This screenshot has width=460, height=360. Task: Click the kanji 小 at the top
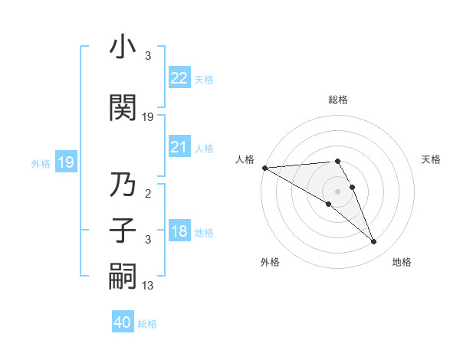point(123,47)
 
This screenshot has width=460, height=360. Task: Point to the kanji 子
point(123,231)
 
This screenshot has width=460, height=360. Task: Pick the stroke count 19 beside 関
point(149,117)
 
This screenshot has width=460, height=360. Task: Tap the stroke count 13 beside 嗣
point(148,286)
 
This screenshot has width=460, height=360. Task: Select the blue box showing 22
point(179,77)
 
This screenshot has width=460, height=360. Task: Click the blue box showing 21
point(179,147)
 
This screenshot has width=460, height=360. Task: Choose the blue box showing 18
point(179,231)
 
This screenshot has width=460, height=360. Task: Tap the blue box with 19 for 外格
point(65,162)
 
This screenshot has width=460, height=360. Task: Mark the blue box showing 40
point(123,322)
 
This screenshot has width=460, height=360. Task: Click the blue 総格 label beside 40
point(147,324)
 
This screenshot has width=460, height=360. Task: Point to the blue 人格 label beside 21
point(204,149)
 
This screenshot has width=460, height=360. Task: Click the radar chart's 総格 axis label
point(337,100)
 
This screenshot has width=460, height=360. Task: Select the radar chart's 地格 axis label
point(402,262)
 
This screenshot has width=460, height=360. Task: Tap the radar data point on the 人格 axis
point(264,168)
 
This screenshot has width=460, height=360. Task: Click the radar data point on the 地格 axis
point(373,242)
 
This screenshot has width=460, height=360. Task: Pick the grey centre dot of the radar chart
point(337,191)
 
